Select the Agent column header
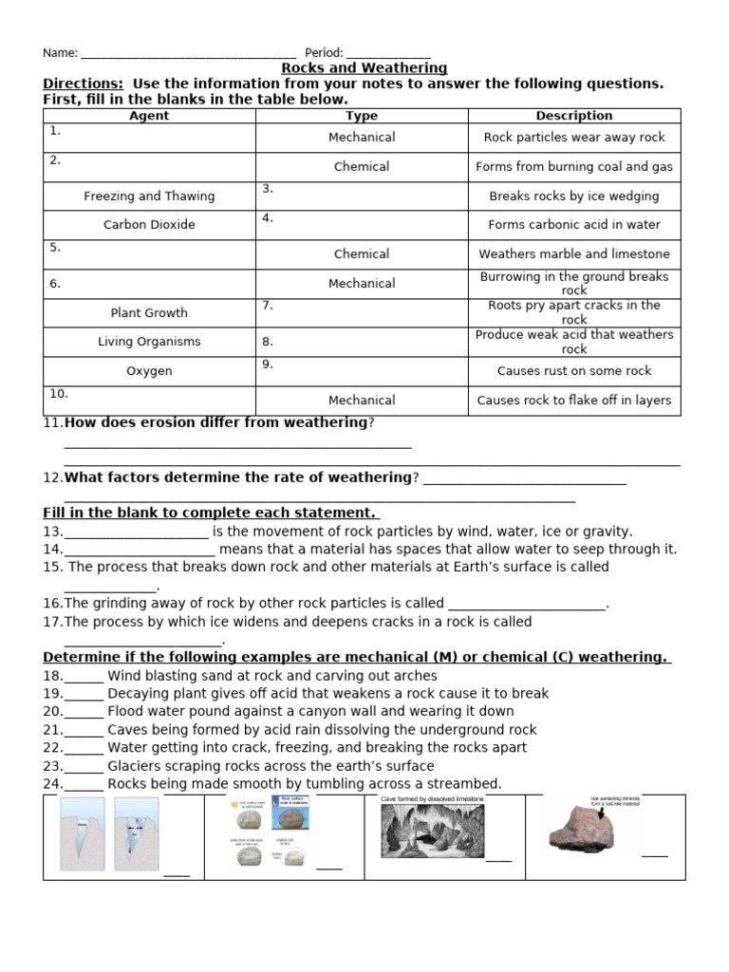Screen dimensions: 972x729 (149, 116)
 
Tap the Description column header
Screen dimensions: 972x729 (574, 116)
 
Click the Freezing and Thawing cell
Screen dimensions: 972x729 (149, 196)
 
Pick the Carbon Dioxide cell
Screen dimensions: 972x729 (149, 225)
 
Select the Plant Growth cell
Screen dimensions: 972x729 (149, 313)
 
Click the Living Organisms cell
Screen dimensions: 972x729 (149, 342)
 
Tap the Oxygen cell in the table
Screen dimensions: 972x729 (149, 371)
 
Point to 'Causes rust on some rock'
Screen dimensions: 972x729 (574, 371)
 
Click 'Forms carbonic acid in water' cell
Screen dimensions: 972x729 (574, 225)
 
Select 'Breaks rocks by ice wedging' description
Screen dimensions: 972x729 (574, 196)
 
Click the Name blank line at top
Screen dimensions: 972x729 (189, 55)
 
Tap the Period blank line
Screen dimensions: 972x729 (388, 55)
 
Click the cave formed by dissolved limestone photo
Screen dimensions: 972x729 (432, 832)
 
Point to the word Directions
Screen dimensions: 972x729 (83, 84)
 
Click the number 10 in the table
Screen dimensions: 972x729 (59, 394)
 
